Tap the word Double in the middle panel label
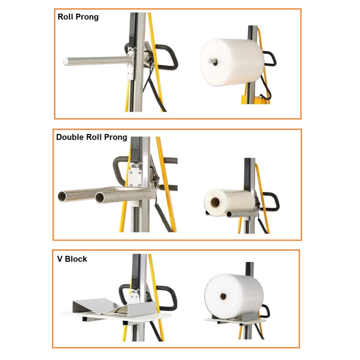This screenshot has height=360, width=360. [70, 137]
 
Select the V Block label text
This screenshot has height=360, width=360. [72, 259]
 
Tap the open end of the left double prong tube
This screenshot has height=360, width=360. [64, 197]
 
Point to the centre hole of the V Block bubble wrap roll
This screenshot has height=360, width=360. [223, 296]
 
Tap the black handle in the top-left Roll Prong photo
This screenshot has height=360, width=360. [166, 57]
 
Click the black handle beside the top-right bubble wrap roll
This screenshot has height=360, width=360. [270, 59]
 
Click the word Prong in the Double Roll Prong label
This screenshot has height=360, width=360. [115, 137]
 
